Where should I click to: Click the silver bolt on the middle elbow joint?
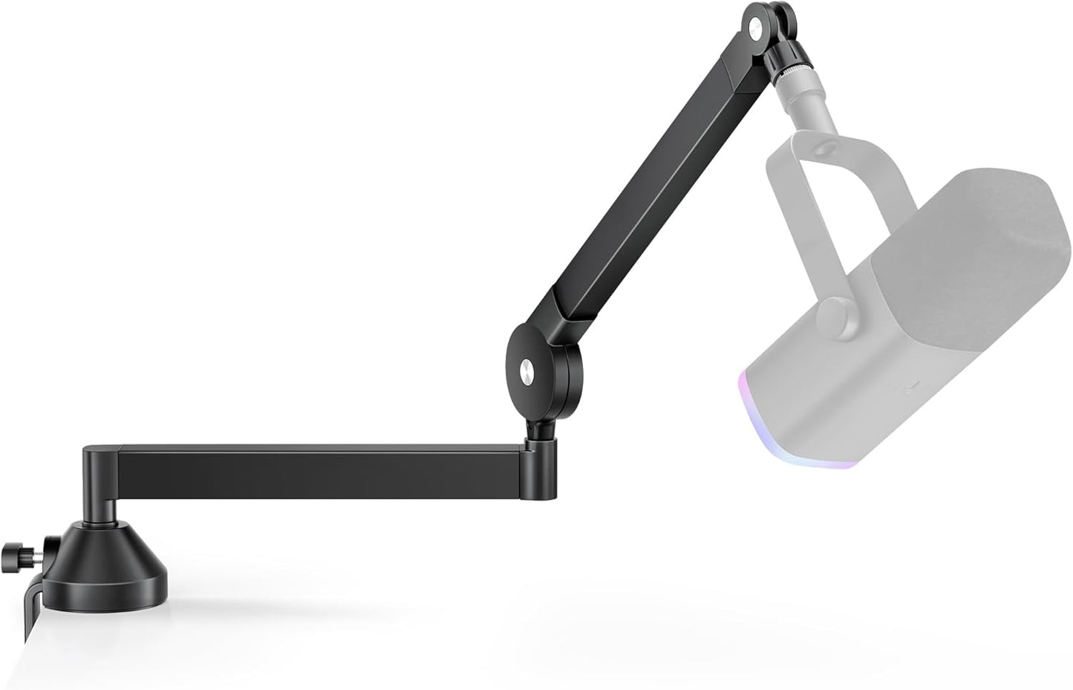526,368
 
